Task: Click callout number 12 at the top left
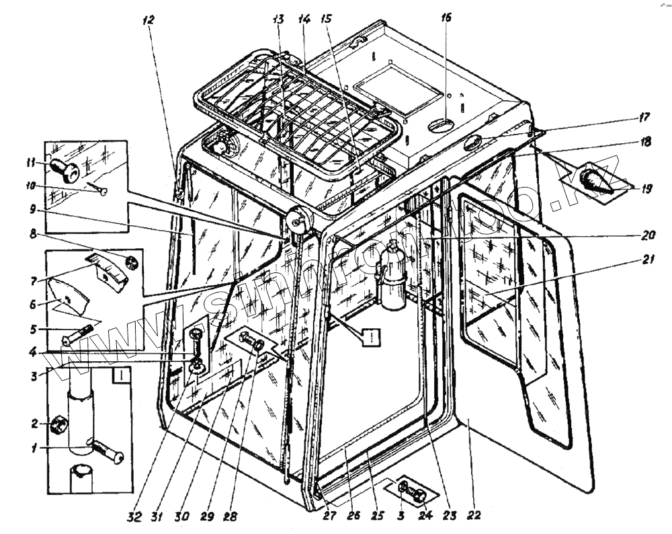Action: (149, 20)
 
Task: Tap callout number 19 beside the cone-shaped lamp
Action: (645, 189)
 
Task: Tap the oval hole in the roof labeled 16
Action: (441, 125)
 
